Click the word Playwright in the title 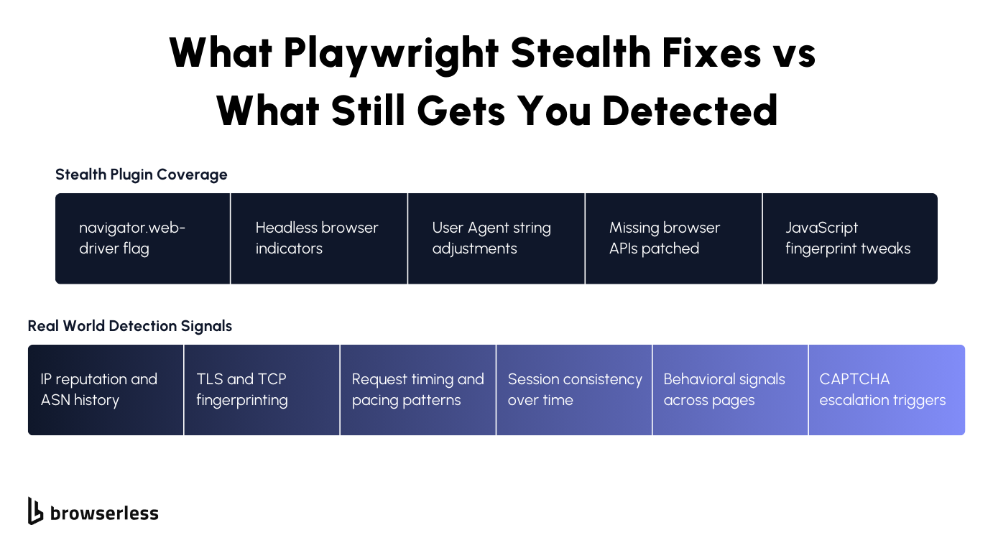(392, 53)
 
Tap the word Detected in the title (690, 111)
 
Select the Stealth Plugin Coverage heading (142, 175)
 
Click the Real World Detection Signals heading (130, 326)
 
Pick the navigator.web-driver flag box (143, 238)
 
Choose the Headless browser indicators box (319, 238)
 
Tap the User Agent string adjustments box (496, 238)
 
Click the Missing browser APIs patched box (673, 238)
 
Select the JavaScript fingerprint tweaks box (850, 238)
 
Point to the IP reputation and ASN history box (106, 390)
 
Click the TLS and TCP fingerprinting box (262, 390)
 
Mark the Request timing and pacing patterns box (417, 390)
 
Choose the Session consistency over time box (574, 390)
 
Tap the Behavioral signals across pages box (730, 390)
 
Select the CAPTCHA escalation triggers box (887, 390)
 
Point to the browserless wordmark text (104, 513)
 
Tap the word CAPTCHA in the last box (854, 379)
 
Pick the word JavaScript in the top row (821, 228)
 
